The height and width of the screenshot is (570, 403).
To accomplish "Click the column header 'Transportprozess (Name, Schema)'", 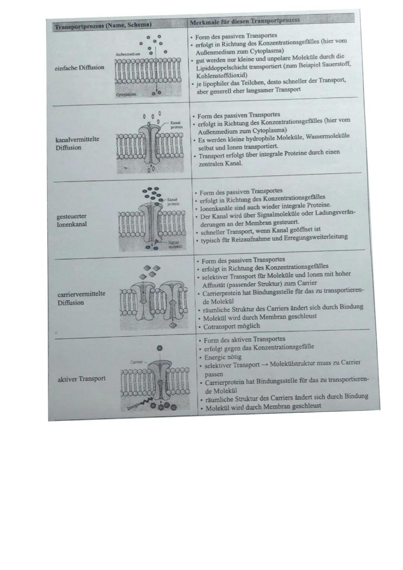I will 103,26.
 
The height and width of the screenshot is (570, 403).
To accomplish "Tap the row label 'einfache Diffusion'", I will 79,68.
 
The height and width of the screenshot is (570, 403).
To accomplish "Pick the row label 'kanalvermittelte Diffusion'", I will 77,143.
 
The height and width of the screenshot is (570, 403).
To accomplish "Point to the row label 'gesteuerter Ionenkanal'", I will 72,220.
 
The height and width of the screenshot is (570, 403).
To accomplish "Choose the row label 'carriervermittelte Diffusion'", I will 81,298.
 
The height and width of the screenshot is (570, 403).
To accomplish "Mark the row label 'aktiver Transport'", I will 81,379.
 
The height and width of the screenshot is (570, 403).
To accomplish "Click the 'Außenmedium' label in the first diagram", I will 128,54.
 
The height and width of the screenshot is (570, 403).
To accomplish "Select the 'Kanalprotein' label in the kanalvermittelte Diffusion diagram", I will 176,125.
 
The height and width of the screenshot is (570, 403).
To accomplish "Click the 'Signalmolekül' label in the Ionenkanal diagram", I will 174,245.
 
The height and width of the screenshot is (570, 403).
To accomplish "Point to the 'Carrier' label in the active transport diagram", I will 135,362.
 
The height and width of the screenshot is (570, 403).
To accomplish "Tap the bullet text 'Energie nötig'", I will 223,357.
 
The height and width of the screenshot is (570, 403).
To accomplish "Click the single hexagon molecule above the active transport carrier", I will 160,348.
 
